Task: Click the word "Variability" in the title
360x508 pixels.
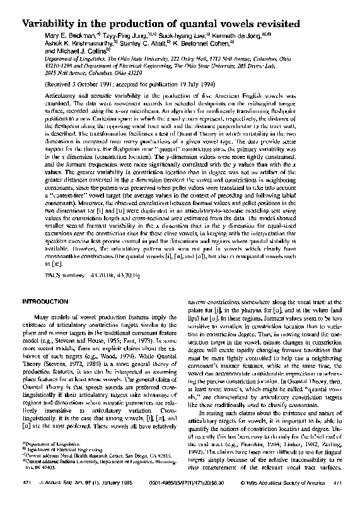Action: coord(53,23)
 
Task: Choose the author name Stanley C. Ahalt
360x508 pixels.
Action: coord(148,45)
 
